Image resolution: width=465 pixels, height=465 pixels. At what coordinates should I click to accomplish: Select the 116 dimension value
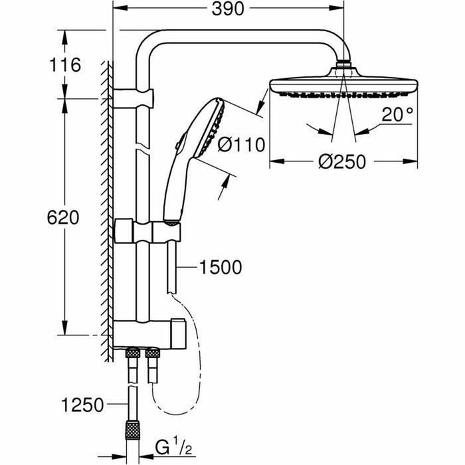pyautogui.click(x=64, y=65)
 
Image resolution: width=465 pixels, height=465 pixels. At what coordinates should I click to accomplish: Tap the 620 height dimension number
pyautogui.click(x=64, y=217)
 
